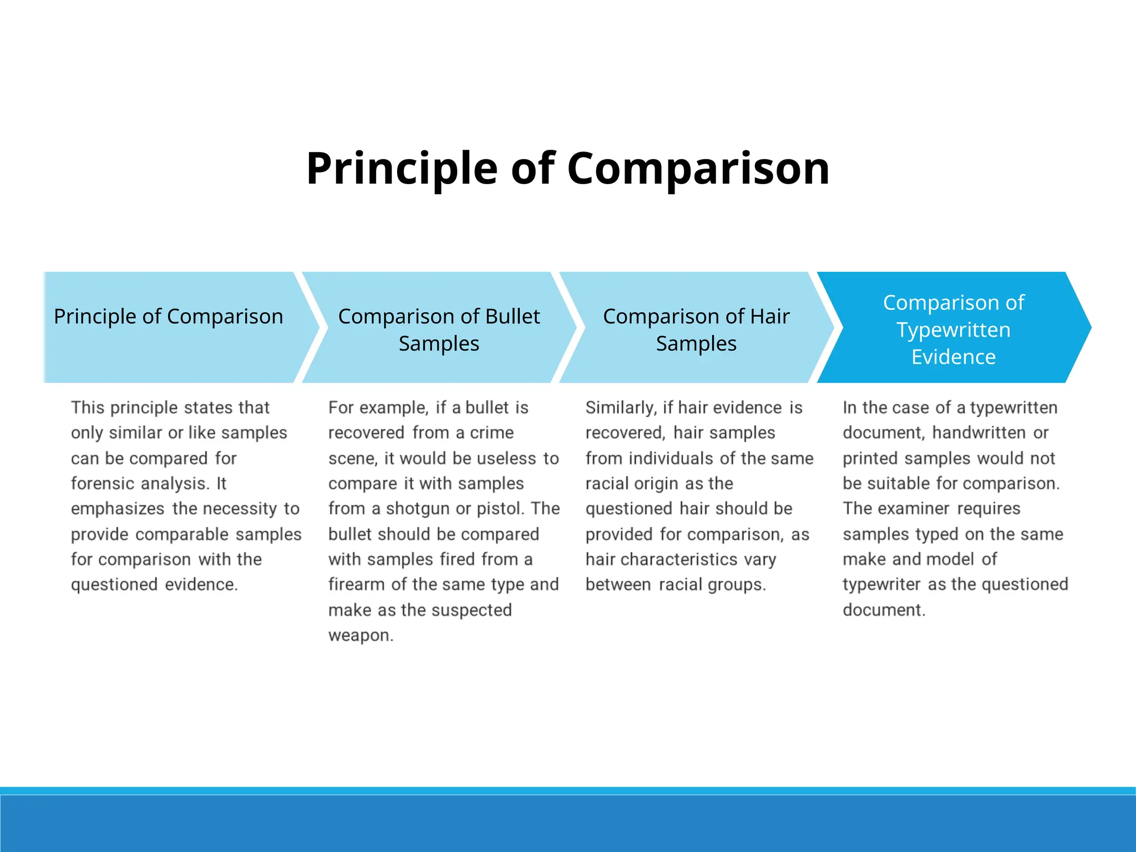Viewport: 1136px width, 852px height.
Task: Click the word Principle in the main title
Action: [402, 169]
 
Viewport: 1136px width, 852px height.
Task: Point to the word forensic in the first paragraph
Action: [103, 484]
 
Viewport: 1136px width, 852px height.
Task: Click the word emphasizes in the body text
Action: [118, 509]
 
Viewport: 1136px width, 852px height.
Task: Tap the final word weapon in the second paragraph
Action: [360, 635]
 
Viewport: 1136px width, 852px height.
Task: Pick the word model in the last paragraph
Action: [948, 559]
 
